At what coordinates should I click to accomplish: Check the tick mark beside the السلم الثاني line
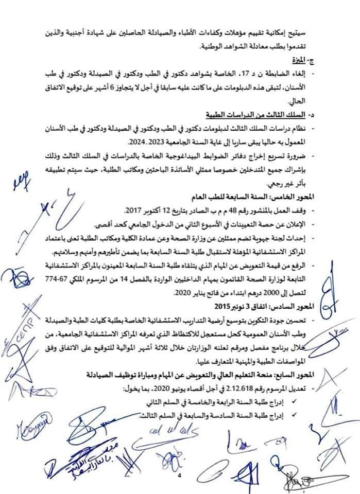(x=294, y=400)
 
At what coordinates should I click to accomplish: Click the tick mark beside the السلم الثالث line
(x=294, y=413)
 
